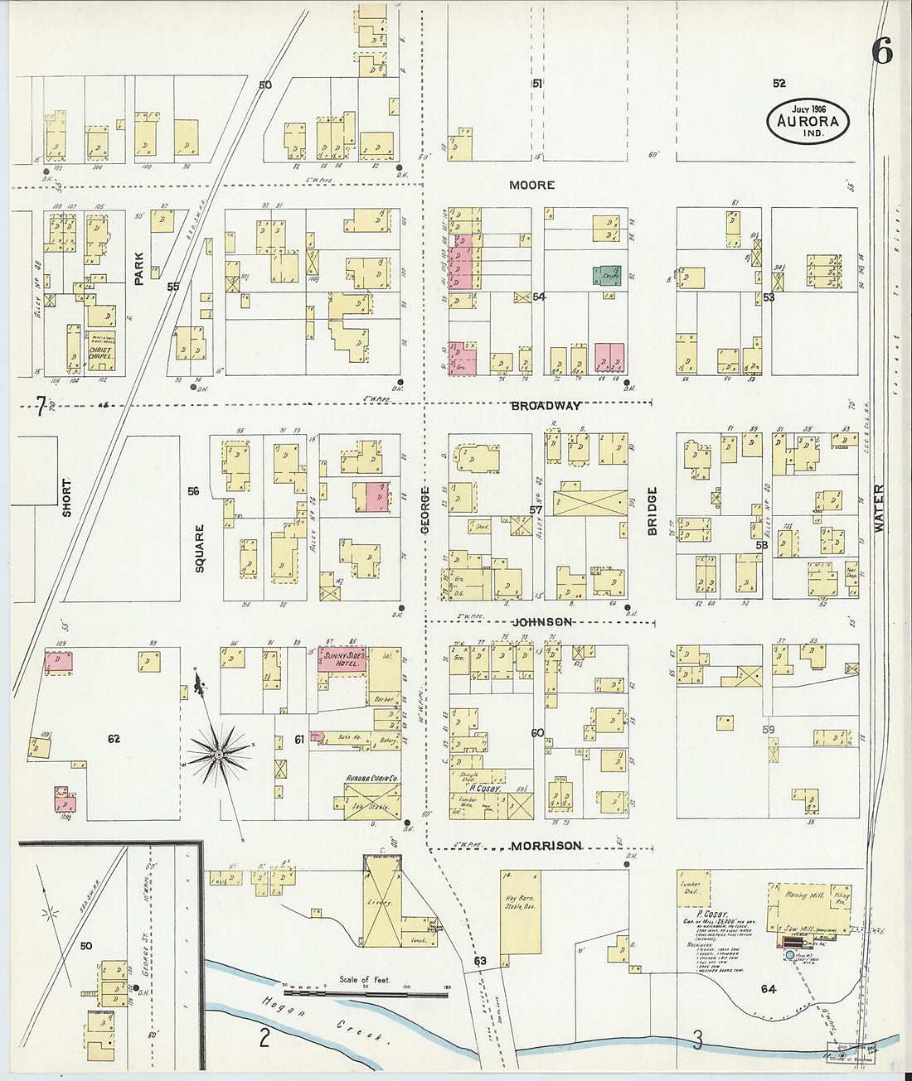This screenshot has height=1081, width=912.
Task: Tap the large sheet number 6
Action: (881, 51)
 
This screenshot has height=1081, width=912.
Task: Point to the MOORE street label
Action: (531, 185)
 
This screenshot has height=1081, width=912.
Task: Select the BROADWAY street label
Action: (546, 406)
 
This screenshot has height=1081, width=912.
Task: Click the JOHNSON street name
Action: (541, 621)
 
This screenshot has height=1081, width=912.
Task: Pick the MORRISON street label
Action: (546, 846)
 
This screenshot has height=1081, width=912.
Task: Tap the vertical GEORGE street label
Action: (424, 509)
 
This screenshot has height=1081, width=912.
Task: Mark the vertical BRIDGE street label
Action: (652, 510)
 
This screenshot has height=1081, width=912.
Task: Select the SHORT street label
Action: (66, 498)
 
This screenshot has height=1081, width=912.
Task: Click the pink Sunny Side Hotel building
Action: (342, 660)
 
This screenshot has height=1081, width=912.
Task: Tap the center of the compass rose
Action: (219, 754)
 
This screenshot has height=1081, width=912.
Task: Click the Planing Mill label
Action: (798, 895)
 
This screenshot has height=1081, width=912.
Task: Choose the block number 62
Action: (113, 738)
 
